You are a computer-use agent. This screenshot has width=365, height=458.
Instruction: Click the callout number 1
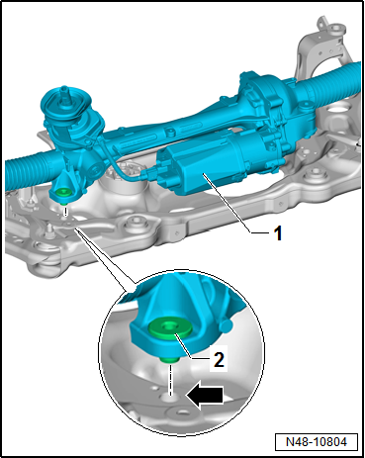278,233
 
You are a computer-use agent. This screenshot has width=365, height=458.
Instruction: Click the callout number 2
219,359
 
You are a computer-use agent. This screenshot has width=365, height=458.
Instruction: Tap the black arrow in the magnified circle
205,395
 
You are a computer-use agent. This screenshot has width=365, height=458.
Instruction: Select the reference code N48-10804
317,441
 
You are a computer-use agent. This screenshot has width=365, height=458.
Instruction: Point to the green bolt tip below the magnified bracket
170,360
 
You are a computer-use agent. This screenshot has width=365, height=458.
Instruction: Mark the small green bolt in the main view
62,194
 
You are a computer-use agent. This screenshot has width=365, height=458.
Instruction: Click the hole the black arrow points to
171,396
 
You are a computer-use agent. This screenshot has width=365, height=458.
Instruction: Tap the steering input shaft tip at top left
64,89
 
